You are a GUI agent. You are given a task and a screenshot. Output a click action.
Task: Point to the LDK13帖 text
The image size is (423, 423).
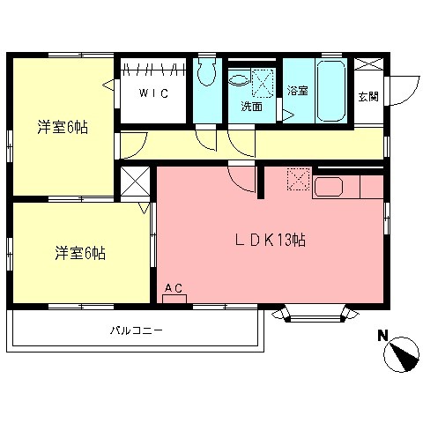pos(271,239)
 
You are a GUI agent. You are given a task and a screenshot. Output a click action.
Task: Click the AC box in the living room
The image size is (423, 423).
pos(174,292)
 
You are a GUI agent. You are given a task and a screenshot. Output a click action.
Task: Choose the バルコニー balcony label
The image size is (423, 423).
pos(137,331)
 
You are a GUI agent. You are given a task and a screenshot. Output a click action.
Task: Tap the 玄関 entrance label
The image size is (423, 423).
pos(367,97)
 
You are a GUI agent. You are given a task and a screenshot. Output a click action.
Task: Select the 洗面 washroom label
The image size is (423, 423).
pos(252,108)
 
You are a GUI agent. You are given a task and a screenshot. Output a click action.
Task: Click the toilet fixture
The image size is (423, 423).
pos(207,75)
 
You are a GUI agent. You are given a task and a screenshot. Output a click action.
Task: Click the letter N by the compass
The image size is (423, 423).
pos(383,336)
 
